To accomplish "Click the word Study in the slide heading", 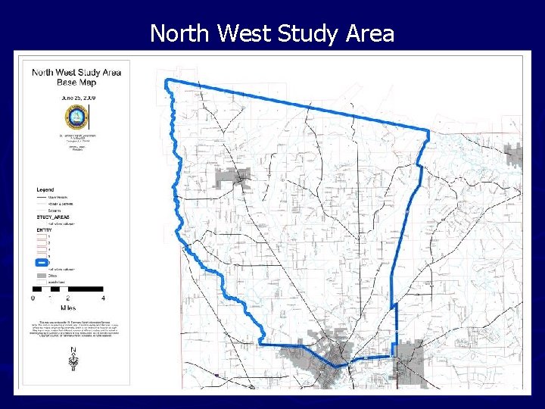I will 304,33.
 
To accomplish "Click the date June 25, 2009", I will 76,98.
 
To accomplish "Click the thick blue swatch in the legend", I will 42,262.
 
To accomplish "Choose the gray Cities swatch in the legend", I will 42,275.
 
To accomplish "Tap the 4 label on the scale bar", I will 103,298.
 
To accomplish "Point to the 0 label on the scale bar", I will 33,298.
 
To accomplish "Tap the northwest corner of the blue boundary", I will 168,80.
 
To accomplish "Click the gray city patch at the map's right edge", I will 515,155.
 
